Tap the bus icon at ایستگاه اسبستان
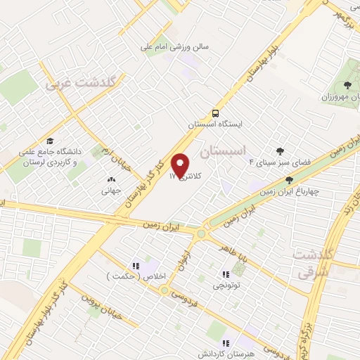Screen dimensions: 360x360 tap(215, 112)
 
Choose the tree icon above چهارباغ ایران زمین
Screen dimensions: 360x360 tap(288, 180)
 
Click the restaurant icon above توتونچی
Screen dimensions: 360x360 tap(226, 275)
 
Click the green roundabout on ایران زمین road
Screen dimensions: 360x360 tap(202, 233)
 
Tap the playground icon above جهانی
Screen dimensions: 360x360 tap(111, 179)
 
